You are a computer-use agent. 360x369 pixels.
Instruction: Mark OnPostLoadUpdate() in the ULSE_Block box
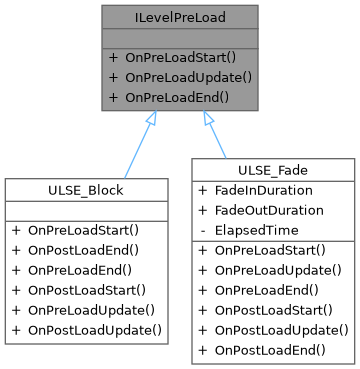tap(93, 328)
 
